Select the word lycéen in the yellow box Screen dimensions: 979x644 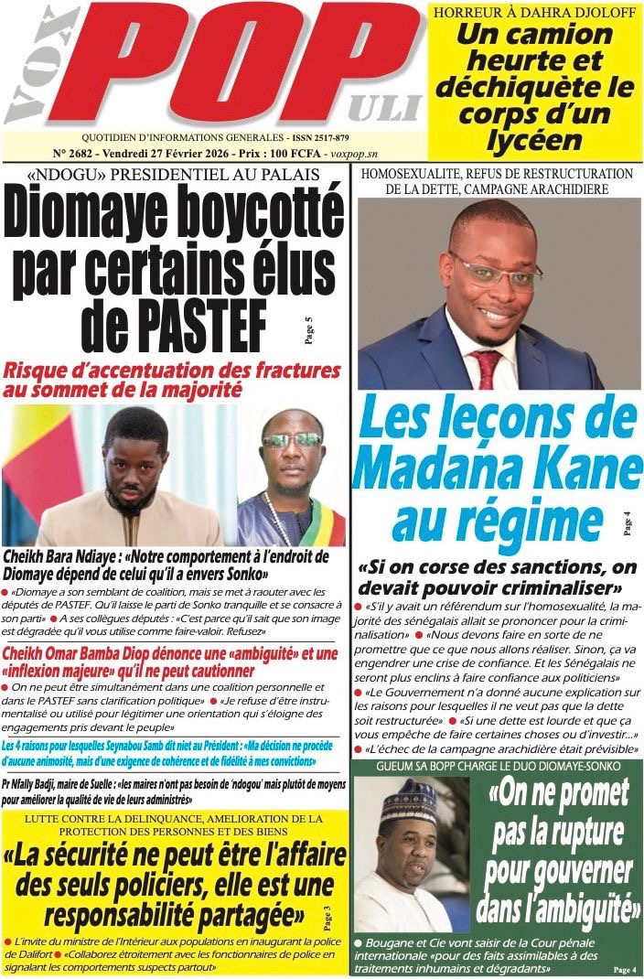(535, 140)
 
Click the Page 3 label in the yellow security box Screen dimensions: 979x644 (328, 914)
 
